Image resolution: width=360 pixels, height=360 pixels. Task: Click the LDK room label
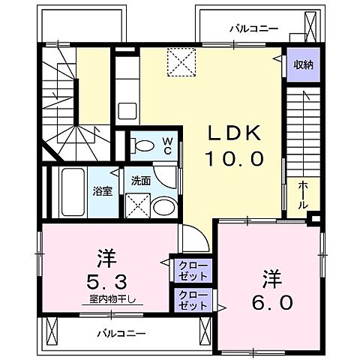(x=234, y=133)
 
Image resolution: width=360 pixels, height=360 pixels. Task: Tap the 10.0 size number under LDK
(x=234, y=159)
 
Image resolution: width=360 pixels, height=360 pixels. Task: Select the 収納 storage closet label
(x=303, y=64)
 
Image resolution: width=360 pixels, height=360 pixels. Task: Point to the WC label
(x=167, y=144)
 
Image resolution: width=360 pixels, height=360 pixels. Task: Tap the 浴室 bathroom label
(x=103, y=190)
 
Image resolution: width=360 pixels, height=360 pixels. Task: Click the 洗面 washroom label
(x=141, y=181)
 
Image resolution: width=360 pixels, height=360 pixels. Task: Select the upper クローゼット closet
(x=193, y=269)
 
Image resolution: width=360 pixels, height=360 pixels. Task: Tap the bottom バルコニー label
(x=120, y=332)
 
